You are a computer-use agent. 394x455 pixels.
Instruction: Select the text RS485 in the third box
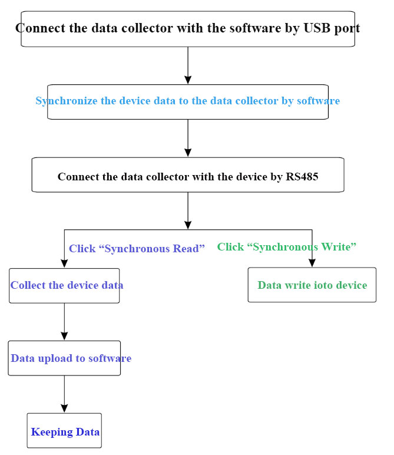302,176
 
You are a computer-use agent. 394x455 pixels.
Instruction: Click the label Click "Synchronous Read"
137,249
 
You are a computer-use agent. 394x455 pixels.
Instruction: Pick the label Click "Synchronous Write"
287,247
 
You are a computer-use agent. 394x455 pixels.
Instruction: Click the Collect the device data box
64,286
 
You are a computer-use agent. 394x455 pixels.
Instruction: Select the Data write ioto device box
312,285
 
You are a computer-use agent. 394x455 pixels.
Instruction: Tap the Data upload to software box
64,358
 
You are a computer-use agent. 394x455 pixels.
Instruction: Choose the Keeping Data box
64,431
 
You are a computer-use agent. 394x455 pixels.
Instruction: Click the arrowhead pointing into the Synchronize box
188,80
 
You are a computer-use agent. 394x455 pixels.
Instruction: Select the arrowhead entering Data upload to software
64,336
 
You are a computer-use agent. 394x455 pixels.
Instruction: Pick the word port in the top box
347,28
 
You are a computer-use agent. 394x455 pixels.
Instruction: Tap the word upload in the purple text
54,358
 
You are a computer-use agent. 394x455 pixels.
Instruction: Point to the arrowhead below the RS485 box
188,225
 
